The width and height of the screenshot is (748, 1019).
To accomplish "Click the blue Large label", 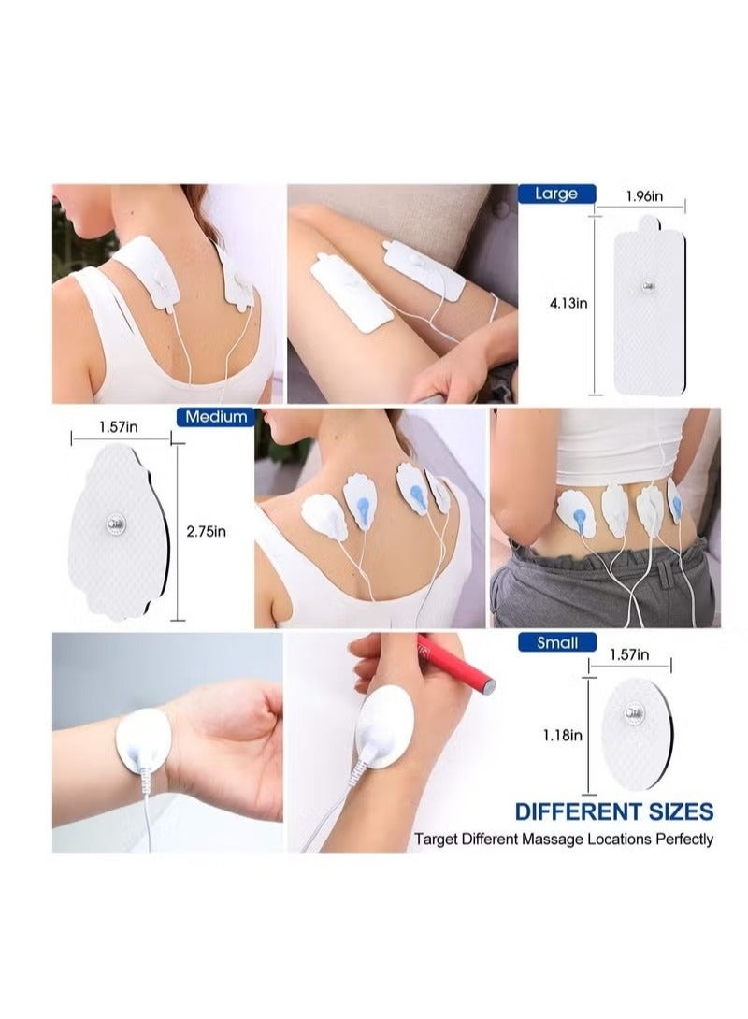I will pyautogui.click(x=555, y=194).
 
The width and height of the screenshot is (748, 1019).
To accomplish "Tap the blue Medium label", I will pyautogui.click(x=216, y=417).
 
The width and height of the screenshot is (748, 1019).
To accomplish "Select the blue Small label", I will pyautogui.click(x=555, y=642).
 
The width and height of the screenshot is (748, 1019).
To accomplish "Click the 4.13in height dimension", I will pyautogui.click(x=568, y=302).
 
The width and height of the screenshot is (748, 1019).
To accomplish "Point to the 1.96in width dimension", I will pyautogui.click(x=643, y=195).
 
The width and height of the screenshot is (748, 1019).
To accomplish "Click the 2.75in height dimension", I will pyautogui.click(x=207, y=531).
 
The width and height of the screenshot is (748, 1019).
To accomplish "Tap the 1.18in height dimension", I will pyautogui.click(x=563, y=735).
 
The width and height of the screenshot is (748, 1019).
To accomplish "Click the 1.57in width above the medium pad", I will pyautogui.click(x=119, y=426).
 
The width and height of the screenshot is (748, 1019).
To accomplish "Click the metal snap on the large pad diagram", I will pyautogui.click(x=646, y=283).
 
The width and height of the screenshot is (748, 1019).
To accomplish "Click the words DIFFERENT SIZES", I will pyautogui.click(x=614, y=811).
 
